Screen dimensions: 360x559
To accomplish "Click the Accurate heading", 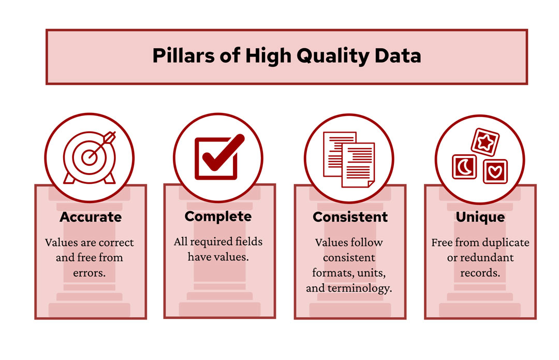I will tap(91, 217).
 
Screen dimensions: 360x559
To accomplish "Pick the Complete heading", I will tap(218, 217).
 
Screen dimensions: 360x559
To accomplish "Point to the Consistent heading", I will tap(350, 217).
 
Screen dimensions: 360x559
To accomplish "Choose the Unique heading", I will tap(480, 217).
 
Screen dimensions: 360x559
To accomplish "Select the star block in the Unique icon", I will tap(486, 142).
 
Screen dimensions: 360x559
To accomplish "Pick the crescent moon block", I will tap(464, 167).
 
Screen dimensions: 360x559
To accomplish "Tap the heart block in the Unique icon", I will tap(495, 171).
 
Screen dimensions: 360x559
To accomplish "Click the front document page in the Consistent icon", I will tap(358, 165).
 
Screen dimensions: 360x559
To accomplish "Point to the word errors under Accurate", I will tap(91, 272).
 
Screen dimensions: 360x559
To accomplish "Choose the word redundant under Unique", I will tap(488, 257).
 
